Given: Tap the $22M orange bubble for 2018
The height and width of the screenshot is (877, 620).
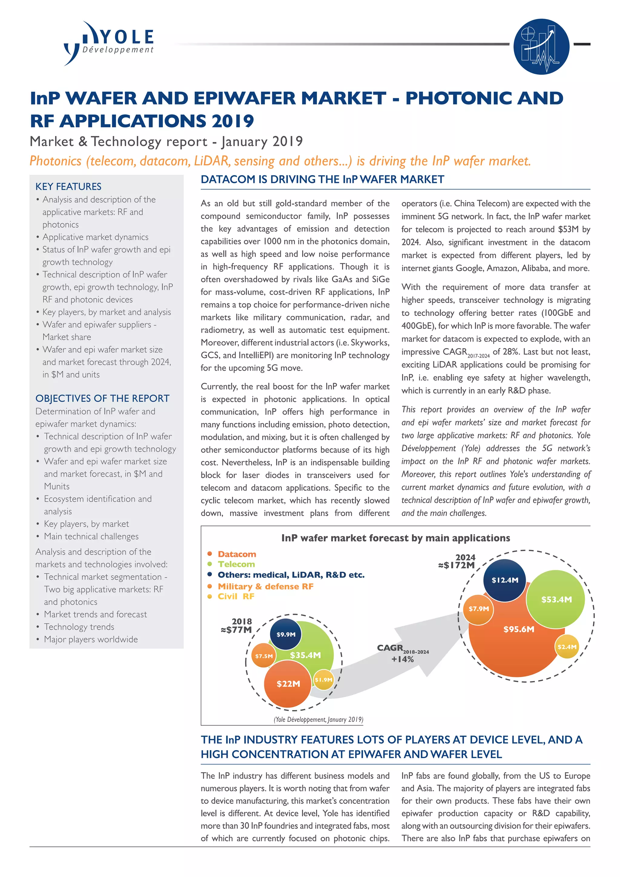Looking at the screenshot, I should click(288, 684).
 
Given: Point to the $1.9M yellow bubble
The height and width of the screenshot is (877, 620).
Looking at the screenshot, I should click(323, 680).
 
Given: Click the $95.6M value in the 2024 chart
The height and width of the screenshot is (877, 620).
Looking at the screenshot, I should click(519, 629).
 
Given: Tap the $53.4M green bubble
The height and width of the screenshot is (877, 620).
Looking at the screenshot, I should click(556, 599).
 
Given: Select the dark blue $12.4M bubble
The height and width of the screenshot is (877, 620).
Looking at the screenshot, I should click(504, 580).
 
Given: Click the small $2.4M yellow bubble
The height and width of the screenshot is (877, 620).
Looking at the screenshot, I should click(566, 647).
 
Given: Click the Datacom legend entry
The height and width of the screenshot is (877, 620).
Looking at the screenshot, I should click(236, 554).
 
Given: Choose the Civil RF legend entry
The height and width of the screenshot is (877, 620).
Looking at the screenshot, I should click(236, 596).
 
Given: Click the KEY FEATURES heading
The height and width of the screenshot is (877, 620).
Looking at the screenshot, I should click(68, 187).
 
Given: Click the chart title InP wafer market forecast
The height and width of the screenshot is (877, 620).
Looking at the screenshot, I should click(395, 538).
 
